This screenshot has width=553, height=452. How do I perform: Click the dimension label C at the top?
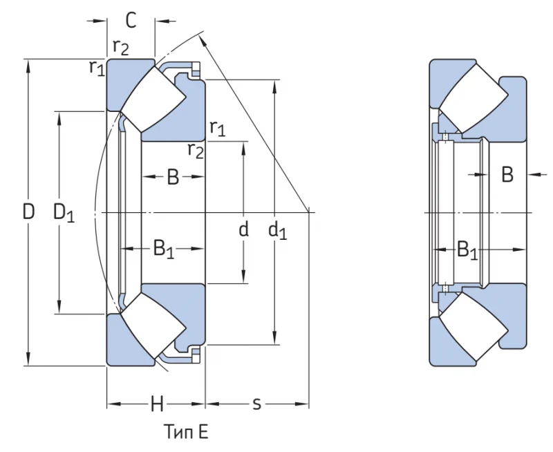coord(131,20)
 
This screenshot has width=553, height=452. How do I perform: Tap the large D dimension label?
coord(28,212)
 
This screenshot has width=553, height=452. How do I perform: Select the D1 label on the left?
coord(64,213)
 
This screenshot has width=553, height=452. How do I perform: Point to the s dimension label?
coord(257,404)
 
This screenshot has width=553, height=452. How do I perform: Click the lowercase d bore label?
coord(244,229)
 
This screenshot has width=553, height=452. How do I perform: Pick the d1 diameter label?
coord(278,232)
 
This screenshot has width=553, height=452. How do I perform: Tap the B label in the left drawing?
coord(173,177)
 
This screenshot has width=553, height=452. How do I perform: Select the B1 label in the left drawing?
coord(164,249)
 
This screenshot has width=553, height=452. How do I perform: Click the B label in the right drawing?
coord(507,174)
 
